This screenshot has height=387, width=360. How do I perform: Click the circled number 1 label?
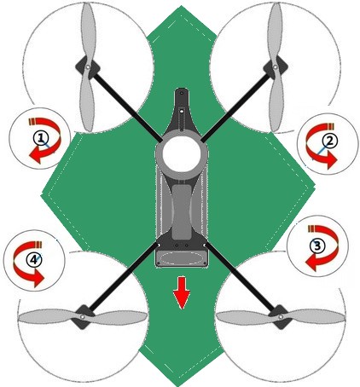pyautogui.click(x=41, y=138)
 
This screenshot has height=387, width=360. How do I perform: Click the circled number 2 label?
pyautogui.click(x=329, y=141)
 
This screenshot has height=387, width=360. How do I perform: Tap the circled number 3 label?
pyautogui.click(x=316, y=246)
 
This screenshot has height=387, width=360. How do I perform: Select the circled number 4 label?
pyautogui.click(x=34, y=259)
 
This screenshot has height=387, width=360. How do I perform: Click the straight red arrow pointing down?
pyautogui.click(x=182, y=293)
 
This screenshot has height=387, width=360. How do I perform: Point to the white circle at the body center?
pyautogui.click(x=182, y=154)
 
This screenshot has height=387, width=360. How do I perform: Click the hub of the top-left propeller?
pyautogui.click(x=88, y=67)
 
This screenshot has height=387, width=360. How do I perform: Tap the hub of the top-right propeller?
pyautogui.click(x=275, y=67)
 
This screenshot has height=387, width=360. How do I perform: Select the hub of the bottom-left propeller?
pyautogui.click(x=83, y=316)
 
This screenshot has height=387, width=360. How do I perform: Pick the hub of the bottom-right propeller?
pyautogui.click(x=281, y=316)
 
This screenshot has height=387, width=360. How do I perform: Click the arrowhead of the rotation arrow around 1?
pyautogui.click(x=36, y=156)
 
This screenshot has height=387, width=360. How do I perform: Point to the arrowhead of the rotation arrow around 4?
pyautogui.click(x=38, y=279)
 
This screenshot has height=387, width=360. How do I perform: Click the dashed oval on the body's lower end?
pyautogui.click(x=182, y=258)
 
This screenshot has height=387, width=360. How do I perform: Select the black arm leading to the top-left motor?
pyautogui.click(x=127, y=107)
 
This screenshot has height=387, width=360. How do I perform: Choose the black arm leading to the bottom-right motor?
pyautogui.click(x=241, y=277)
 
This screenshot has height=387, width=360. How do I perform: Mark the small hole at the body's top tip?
pyautogui.click(x=182, y=93)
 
